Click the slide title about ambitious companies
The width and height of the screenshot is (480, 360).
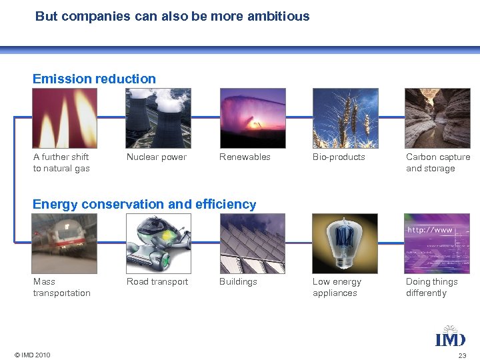(x=172, y=16)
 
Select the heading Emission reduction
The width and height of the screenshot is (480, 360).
(x=94, y=79)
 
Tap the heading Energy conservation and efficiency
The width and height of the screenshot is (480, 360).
(x=144, y=204)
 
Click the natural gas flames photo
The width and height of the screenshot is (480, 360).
(x=65, y=118)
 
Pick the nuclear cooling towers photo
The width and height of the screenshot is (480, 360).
(x=158, y=118)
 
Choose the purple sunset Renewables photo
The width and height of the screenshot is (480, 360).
(x=251, y=118)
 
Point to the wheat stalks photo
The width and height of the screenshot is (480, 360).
(x=345, y=118)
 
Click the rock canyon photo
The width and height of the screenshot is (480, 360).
(x=437, y=118)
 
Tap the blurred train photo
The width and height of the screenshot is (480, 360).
(x=65, y=243)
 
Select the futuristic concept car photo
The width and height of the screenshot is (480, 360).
(x=158, y=243)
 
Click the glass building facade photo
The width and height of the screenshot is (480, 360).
(x=251, y=243)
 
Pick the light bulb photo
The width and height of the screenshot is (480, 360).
(x=345, y=243)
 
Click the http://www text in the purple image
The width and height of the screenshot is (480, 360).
(x=429, y=230)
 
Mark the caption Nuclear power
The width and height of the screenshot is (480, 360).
(x=157, y=157)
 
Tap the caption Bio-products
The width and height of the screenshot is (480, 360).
(x=339, y=157)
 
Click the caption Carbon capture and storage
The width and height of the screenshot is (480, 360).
(x=438, y=163)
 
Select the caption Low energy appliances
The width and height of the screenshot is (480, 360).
(x=337, y=287)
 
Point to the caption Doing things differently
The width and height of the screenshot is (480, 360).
(x=431, y=287)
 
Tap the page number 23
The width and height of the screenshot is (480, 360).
(x=462, y=355)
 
